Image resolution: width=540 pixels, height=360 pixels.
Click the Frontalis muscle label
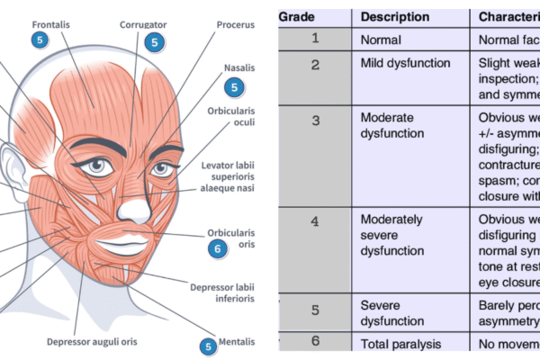click(x=53, y=23)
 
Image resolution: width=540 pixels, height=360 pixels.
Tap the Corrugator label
click(x=144, y=25)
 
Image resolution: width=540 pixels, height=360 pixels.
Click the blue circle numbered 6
click(x=217, y=249)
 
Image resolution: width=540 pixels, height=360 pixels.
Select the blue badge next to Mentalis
click(x=208, y=345)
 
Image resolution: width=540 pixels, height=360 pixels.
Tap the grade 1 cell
click(x=315, y=38)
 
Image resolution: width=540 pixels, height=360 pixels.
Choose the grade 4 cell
click(x=315, y=219)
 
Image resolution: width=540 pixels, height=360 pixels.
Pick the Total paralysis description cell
click(x=400, y=344)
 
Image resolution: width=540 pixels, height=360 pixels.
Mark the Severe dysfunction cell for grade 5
click(x=392, y=312)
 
